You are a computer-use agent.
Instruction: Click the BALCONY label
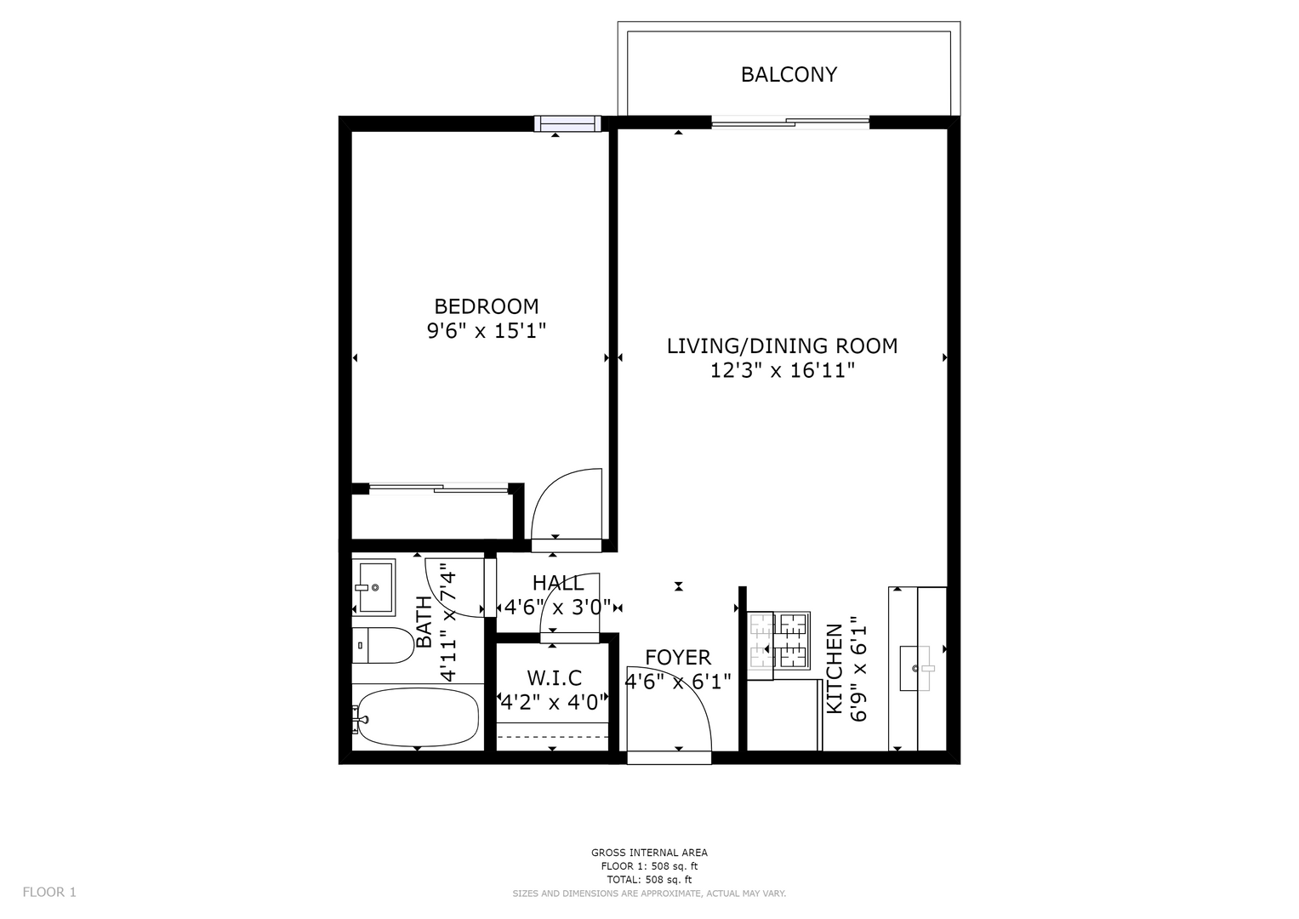(x=789, y=74)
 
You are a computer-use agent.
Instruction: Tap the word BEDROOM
(x=487, y=305)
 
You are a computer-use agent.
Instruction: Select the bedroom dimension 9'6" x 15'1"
(x=487, y=331)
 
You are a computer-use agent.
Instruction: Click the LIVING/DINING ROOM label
(x=783, y=345)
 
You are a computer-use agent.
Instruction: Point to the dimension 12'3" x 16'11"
(x=783, y=370)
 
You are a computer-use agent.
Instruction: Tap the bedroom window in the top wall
(x=567, y=123)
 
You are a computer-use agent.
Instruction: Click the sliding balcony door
(x=790, y=123)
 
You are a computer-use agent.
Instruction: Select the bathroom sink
(x=374, y=587)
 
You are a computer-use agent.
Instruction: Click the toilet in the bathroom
(x=383, y=645)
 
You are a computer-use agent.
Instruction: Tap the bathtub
(x=418, y=717)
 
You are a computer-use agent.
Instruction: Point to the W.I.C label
(x=554, y=677)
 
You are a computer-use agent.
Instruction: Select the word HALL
(x=558, y=583)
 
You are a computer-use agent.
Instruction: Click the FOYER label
(x=678, y=657)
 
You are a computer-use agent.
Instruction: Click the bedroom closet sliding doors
(x=438, y=488)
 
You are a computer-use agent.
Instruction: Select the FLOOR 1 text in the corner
(x=49, y=893)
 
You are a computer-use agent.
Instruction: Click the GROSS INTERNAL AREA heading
(x=649, y=853)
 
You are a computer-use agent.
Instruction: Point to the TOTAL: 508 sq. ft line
(x=649, y=880)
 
